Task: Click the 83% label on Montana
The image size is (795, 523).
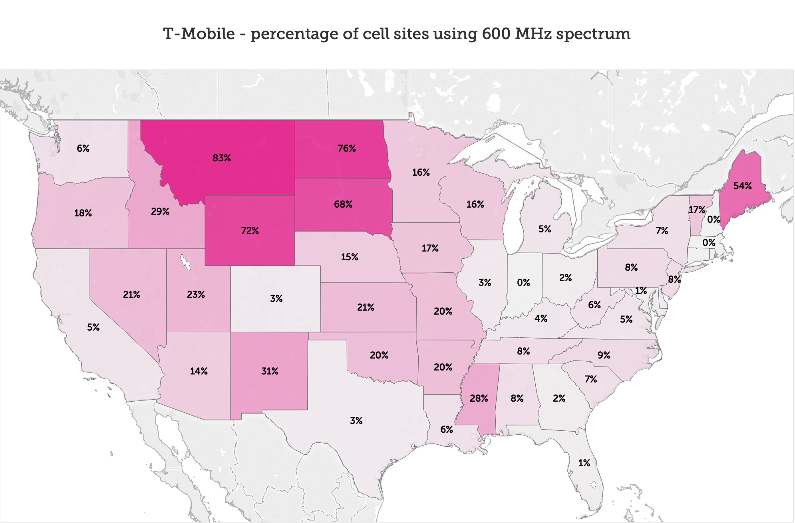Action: point(222,158)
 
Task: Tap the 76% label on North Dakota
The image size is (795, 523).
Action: point(346,149)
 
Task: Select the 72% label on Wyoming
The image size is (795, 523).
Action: point(250,231)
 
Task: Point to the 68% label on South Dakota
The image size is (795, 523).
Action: point(343,204)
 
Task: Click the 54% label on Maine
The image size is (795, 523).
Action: point(742,186)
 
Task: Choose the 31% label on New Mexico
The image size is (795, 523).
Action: point(270,371)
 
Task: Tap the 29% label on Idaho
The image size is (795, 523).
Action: point(160,212)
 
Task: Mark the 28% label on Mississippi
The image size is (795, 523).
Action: point(479,398)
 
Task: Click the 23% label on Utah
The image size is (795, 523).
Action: point(196,295)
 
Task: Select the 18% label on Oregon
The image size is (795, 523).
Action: point(83,213)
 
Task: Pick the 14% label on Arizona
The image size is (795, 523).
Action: point(199,371)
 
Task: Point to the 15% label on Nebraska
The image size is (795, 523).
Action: point(349,257)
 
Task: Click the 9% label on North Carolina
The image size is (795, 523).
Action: point(604,355)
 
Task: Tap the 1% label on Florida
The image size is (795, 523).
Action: point(584,463)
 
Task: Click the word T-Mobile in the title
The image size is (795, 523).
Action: point(199,34)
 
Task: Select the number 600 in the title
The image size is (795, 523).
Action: point(496,34)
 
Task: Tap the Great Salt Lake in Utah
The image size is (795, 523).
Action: point(185,261)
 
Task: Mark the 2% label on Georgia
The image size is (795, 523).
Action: point(559,398)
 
